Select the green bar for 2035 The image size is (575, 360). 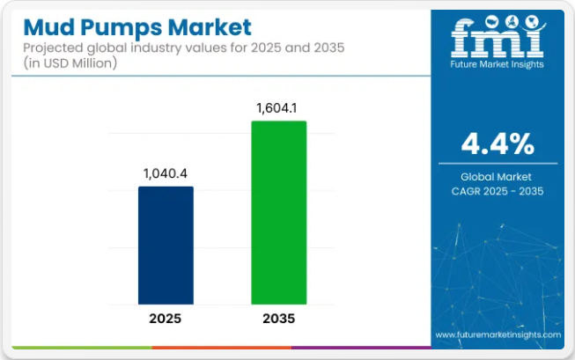278,214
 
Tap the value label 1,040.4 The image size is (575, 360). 166,173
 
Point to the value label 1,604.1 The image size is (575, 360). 278,107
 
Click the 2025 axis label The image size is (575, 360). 166,319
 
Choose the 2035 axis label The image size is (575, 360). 278,319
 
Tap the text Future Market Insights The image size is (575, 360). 498,64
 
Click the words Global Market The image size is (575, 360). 498,176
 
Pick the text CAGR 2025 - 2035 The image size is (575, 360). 498,190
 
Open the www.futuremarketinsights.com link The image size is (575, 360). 498,335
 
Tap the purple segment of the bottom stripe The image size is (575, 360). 361,348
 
